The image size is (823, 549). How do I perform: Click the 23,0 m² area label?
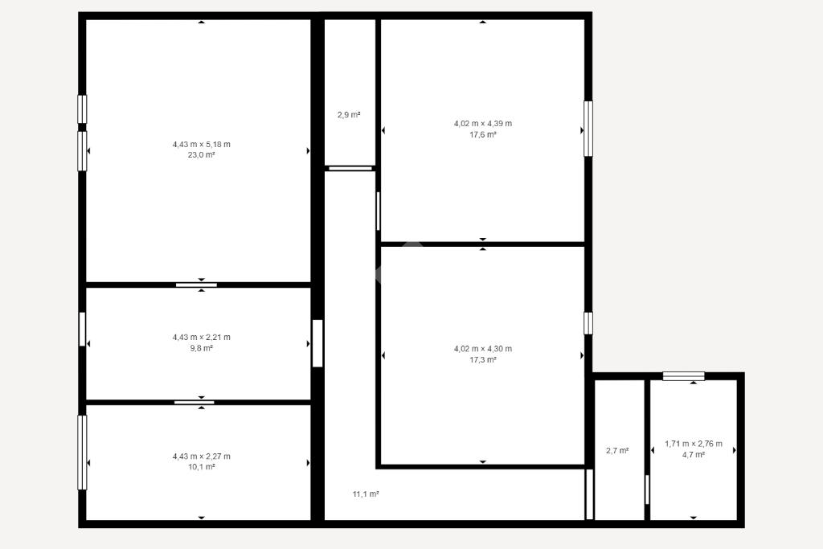[x=202, y=155]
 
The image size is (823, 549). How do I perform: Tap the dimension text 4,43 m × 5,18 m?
[x=202, y=145]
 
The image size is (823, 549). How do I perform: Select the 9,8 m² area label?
[x=202, y=348]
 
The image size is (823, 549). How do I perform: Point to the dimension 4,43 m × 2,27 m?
[x=202, y=457]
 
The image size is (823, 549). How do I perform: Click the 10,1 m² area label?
[x=202, y=467]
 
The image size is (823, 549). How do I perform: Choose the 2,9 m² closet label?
[x=349, y=114]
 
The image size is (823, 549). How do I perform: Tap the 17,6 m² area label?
[x=483, y=135]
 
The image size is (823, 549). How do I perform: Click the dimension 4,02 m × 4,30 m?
[x=483, y=349]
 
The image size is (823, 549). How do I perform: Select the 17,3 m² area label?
[x=483, y=360]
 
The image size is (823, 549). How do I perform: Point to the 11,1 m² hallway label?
[x=366, y=494]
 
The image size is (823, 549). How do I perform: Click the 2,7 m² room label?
[x=618, y=450]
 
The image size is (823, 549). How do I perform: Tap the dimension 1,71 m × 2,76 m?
[x=694, y=444]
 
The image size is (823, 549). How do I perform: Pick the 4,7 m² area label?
[x=694, y=455]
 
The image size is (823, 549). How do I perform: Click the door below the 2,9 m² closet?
[x=350, y=169]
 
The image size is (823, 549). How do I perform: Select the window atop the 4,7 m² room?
[x=683, y=376]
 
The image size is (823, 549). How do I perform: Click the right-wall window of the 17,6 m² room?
[x=588, y=129]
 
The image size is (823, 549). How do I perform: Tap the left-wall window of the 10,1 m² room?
[x=83, y=453]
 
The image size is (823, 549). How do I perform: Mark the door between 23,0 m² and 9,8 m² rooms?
[x=196, y=285]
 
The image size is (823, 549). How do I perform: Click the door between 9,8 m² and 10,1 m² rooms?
[x=194, y=403]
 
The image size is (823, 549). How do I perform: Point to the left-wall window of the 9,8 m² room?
[x=83, y=329]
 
